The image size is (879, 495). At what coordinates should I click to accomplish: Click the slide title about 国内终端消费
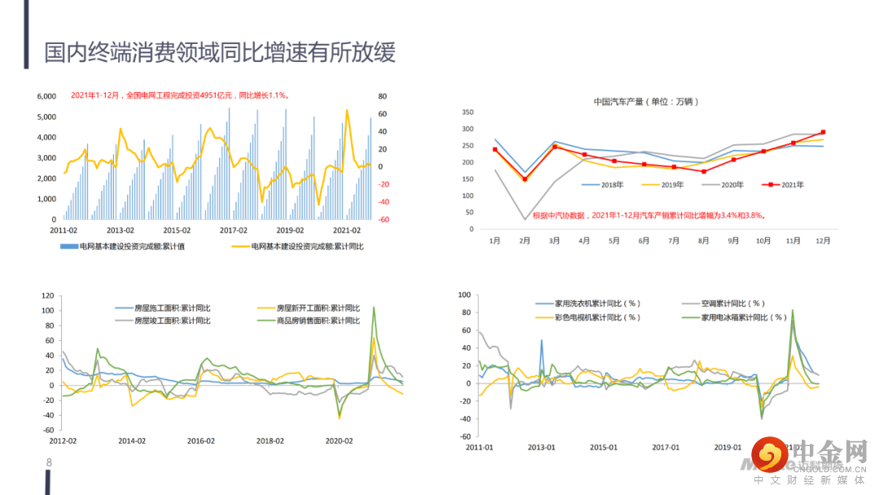(220, 53)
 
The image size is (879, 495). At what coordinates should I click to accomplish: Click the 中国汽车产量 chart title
(646, 102)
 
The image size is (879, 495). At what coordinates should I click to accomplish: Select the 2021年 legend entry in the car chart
(783, 185)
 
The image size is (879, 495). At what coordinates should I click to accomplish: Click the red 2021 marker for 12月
(823, 132)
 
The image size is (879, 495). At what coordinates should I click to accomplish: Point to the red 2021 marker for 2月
(525, 179)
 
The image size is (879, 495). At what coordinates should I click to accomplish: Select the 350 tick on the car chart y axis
(467, 112)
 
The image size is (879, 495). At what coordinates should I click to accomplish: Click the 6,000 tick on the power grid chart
(46, 96)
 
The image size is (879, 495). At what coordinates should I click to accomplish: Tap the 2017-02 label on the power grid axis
(234, 230)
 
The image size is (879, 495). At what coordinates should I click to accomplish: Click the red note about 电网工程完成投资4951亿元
(180, 95)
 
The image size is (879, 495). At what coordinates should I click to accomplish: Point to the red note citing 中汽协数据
(649, 216)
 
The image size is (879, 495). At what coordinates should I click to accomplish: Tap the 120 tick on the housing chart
(46, 296)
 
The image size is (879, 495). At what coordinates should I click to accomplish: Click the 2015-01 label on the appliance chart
(603, 447)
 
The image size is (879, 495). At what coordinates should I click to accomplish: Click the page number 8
(49, 463)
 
